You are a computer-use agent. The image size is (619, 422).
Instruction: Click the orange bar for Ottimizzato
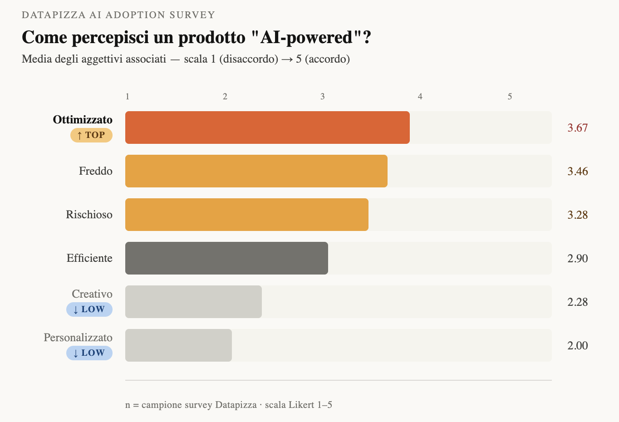coord(267,128)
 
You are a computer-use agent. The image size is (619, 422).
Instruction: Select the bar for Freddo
coord(256,171)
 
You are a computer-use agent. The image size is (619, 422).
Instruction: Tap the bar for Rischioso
coord(247,215)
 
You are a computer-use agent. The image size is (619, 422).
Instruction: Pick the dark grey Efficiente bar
coord(226,258)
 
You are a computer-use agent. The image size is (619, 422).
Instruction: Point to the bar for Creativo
coord(193,302)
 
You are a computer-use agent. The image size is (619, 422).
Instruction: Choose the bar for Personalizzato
coord(178,345)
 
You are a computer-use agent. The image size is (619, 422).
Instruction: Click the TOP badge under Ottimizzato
coord(91,135)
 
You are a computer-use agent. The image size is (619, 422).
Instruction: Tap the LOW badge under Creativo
coord(89,309)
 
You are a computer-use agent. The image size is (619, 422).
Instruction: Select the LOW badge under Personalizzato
coord(89,353)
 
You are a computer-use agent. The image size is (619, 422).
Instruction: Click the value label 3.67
coord(577,128)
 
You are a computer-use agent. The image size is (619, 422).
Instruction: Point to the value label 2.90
coord(577,259)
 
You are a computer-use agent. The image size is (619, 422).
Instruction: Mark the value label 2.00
coord(577,346)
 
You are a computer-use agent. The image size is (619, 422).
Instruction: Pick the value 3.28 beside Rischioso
coord(577,215)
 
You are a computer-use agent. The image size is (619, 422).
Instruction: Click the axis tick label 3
coord(323,97)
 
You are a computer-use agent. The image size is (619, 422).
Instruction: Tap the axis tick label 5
coord(510,97)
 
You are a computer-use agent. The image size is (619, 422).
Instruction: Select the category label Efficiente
coord(89,258)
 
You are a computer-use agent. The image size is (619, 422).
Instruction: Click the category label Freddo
coord(96,171)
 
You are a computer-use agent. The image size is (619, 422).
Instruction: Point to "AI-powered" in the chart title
coord(307,37)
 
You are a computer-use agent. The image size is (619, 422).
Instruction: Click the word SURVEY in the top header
coord(192,15)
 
